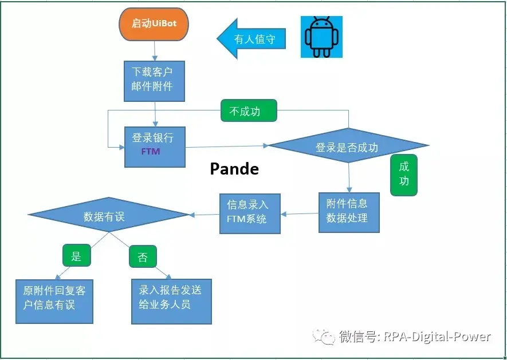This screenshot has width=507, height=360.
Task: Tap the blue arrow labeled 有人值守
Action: (x=251, y=39)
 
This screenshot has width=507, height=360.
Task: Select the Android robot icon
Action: (x=321, y=37)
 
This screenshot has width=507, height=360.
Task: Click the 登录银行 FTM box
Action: (x=155, y=146)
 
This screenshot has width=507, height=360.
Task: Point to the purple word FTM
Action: (x=151, y=152)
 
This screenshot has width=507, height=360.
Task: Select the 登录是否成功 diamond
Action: (x=348, y=147)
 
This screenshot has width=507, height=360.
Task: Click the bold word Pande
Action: (x=234, y=169)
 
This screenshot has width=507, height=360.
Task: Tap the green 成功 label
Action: (x=404, y=175)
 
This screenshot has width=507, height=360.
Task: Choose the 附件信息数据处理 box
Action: (x=349, y=212)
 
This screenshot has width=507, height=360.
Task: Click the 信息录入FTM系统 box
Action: (x=250, y=213)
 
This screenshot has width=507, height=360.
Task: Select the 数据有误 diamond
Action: (x=108, y=216)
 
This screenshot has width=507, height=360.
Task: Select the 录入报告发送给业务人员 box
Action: (x=171, y=301)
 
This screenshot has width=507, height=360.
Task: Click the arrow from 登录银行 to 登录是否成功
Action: (x=227, y=147)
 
